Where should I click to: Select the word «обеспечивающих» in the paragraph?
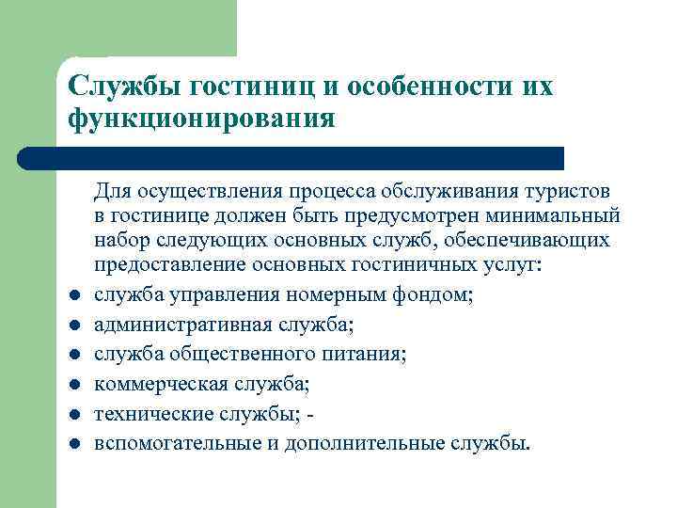pos(539,241)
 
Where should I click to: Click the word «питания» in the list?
pos(369,355)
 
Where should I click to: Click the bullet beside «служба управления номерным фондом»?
pos(72,298)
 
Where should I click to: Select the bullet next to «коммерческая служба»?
pos(72,386)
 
